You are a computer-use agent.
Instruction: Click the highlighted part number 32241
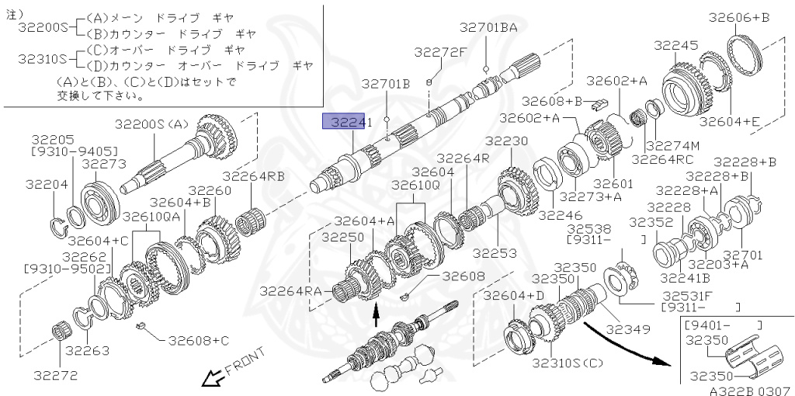coord(347,122)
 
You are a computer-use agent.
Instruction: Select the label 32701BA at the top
coord(488,28)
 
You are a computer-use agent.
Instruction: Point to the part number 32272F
coord(440,53)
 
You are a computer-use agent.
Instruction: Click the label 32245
coord(675,46)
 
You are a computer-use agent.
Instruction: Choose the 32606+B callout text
coord(739,18)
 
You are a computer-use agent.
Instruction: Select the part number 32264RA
coord(290,290)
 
